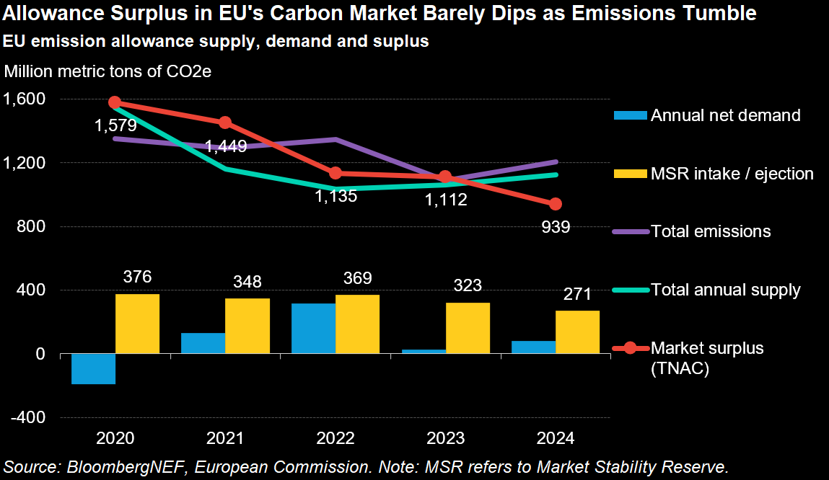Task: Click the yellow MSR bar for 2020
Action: pyautogui.click(x=137, y=324)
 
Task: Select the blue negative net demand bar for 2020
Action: pyautogui.click(x=93, y=369)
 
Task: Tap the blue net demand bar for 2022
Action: pyautogui.click(x=313, y=329)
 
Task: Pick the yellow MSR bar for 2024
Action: pyautogui.click(x=577, y=332)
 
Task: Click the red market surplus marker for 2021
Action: pyautogui.click(x=225, y=123)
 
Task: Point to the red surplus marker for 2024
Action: pyautogui.click(x=556, y=204)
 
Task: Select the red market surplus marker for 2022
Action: pyautogui.click(x=335, y=173)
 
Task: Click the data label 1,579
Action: pyautogui.click(x=115, y=125)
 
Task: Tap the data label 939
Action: pyautogui.click(x=556, y=228)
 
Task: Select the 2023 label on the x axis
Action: pyautogui.click(x=445, y=438)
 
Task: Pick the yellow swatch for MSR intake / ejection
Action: pyautogui.click(x=630, y=174)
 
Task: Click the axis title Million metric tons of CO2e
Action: pyautogui.click(x=108, y=71)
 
